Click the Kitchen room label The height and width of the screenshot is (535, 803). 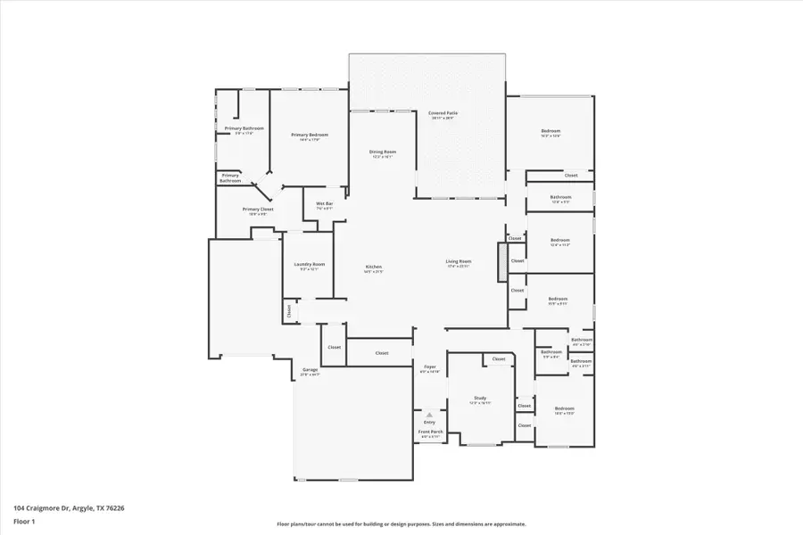(x=374, y=267)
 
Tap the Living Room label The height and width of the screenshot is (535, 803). (x=459, y=262)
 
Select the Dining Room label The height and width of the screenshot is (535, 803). (x=383, y=152)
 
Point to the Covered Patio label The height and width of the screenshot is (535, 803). (x=443, y=114)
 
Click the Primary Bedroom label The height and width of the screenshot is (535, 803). (x=310, y=136)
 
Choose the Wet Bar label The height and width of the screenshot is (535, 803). (x=325, y=204)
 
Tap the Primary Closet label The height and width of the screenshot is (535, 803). (x=258, y=210)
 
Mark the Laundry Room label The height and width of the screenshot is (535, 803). (x=310, y=265)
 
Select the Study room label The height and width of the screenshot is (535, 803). (x=480, y=399)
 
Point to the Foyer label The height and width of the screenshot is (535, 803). (x=429, y=367)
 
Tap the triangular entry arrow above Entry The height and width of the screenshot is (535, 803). (x=429, y=416)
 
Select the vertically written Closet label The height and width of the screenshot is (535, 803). (x=289, y=310)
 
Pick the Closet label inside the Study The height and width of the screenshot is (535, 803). (x=498, y=359)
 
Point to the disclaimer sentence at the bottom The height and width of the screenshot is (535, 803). (x=401, y=524)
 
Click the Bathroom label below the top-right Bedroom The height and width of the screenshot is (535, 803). (x=560, y=197)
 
